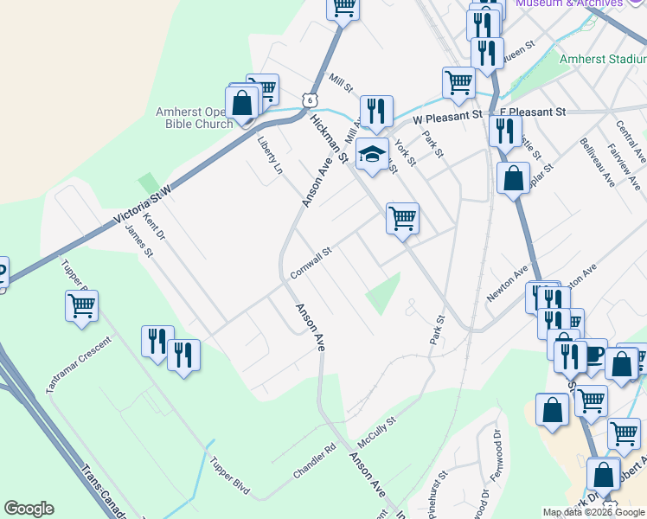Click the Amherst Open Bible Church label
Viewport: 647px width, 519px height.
pyautogui.click(x=195, y=117)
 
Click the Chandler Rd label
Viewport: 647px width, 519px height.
pyautogui.click(x=314, y=463)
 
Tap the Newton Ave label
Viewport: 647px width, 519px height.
pyautogui.click(x=507, y=284)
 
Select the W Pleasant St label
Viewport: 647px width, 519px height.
pyautogui.click(x=447, y=114)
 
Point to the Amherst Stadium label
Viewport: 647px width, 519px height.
pyautogui.click(x=603, y=60)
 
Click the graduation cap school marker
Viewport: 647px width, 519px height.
pyautogui.click(x=373, y=155)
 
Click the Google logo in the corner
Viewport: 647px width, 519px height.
pyautogui.click(x=29, y=509)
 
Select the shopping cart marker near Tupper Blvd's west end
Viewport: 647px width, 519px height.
pyautogui.click(x=81, y=305)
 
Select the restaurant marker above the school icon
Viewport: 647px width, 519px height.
pyautogui.click(x=376, y=110)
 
